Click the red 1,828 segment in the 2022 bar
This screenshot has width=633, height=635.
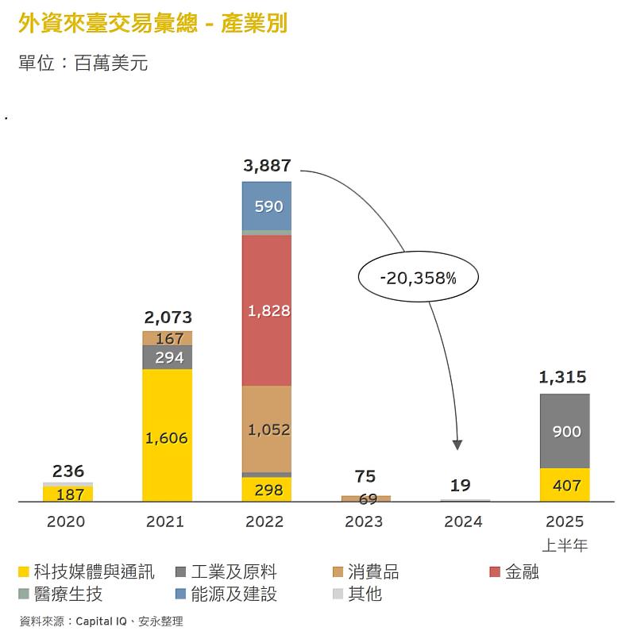point(267,310)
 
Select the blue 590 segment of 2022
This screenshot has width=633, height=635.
point(267,206)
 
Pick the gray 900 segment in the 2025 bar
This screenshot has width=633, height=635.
point(565,431)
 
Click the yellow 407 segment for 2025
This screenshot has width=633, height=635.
point(565,485)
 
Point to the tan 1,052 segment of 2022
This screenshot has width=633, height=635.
point(267,429)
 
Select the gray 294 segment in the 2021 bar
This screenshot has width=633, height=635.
point(168,357)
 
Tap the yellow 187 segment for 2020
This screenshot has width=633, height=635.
point(68,495)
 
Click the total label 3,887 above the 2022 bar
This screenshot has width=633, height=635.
point(267,166)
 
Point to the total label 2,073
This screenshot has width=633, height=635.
point(168,317)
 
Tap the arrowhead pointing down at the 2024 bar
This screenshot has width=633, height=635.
point(457,445)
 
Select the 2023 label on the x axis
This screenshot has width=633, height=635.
point(364,521)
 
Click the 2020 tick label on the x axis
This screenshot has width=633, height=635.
point(66,521)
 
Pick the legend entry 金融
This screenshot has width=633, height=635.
point(521,571)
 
